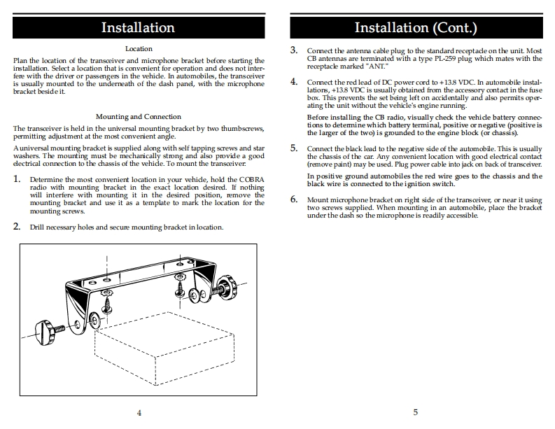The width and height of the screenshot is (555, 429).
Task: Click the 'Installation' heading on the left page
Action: pyautogui.click(x=138, y=28)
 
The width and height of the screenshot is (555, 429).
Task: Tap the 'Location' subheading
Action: pyautogui.click(x=139, y=49)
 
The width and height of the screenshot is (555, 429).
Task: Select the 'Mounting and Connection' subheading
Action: pyautogui.click(x=138, y=117)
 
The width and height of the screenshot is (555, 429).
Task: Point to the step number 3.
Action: pyautogui.click(x=294, y=51)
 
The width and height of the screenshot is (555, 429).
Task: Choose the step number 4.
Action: pyautogui.click(x=294, y=82)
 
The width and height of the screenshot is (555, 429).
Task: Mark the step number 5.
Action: pyautogui.click(x=294, y=148)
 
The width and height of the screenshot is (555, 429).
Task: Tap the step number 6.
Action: pyautogui.click(x=294, y=199)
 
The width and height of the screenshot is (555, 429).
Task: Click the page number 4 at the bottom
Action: pyautogui.click(x=139, y=412)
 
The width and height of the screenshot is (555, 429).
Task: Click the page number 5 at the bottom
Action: pyautogui.click(x=415, y=412)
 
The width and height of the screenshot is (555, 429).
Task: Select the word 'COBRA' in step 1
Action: pyautogui.click(x=248, y=180)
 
